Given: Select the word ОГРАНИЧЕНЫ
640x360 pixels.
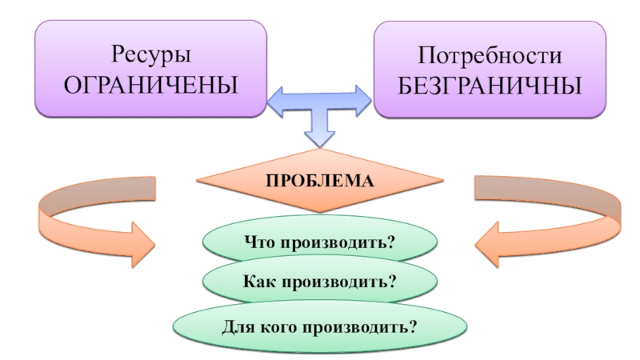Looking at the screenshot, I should click(150, 82).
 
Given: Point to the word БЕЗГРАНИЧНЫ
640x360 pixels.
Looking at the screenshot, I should click(490, 82).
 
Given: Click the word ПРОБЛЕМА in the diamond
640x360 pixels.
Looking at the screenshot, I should click(320, 181).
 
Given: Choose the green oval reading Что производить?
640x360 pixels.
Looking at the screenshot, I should click(320, 240).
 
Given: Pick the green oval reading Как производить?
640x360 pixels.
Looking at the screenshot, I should click(320, 282).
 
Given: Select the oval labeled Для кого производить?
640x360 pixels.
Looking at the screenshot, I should click(320, 326).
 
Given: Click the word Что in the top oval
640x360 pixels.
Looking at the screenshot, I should click(262, 241).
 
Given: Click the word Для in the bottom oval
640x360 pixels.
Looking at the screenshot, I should click(238, 326).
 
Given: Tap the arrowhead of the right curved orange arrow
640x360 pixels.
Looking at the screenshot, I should click(490, 241).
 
